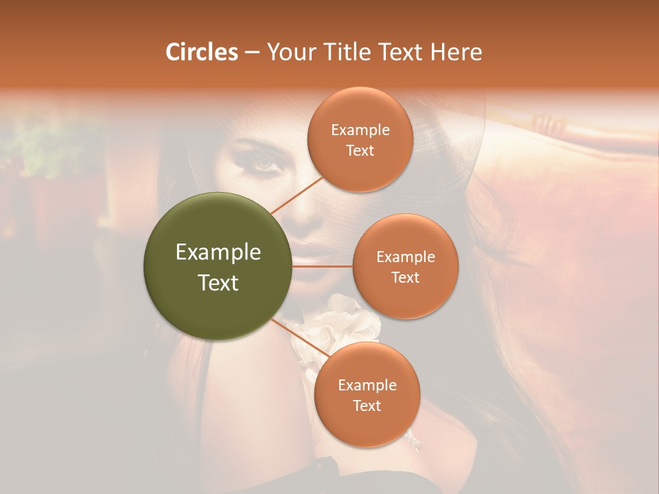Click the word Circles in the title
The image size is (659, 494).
point(201,52)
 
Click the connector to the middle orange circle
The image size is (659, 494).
point(323,266)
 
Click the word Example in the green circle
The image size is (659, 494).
point(218,252)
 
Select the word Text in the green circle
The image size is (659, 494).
point(218,283)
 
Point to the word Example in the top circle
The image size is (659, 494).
point(360,130)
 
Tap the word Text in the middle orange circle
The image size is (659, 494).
point(405,277)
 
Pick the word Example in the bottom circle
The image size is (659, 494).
point(367,385)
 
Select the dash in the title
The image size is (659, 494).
point(251,53)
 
